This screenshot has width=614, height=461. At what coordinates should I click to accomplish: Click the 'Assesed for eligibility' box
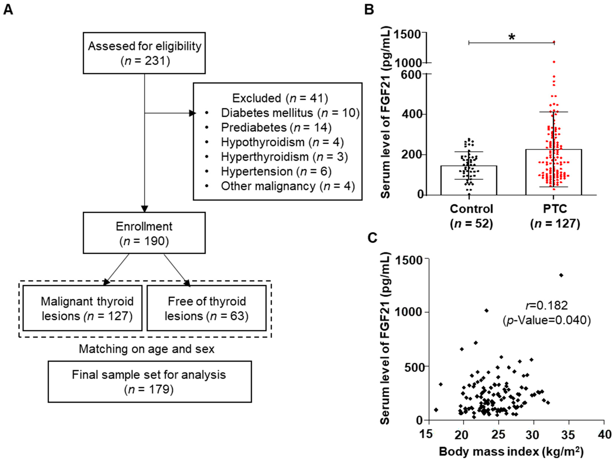144,53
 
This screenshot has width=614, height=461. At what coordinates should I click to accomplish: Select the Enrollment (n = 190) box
144,233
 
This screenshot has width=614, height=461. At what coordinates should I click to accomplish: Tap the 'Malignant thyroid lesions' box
82,308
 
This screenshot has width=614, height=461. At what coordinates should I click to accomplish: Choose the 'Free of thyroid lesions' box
207,308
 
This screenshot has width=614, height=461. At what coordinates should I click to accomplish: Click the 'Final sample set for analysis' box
150,382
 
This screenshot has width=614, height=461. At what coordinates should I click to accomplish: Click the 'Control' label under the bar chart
471,209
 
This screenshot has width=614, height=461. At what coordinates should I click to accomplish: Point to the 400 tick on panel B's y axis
411,114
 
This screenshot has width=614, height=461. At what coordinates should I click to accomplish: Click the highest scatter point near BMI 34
561,275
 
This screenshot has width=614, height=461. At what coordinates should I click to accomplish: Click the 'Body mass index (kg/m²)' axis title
511,451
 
